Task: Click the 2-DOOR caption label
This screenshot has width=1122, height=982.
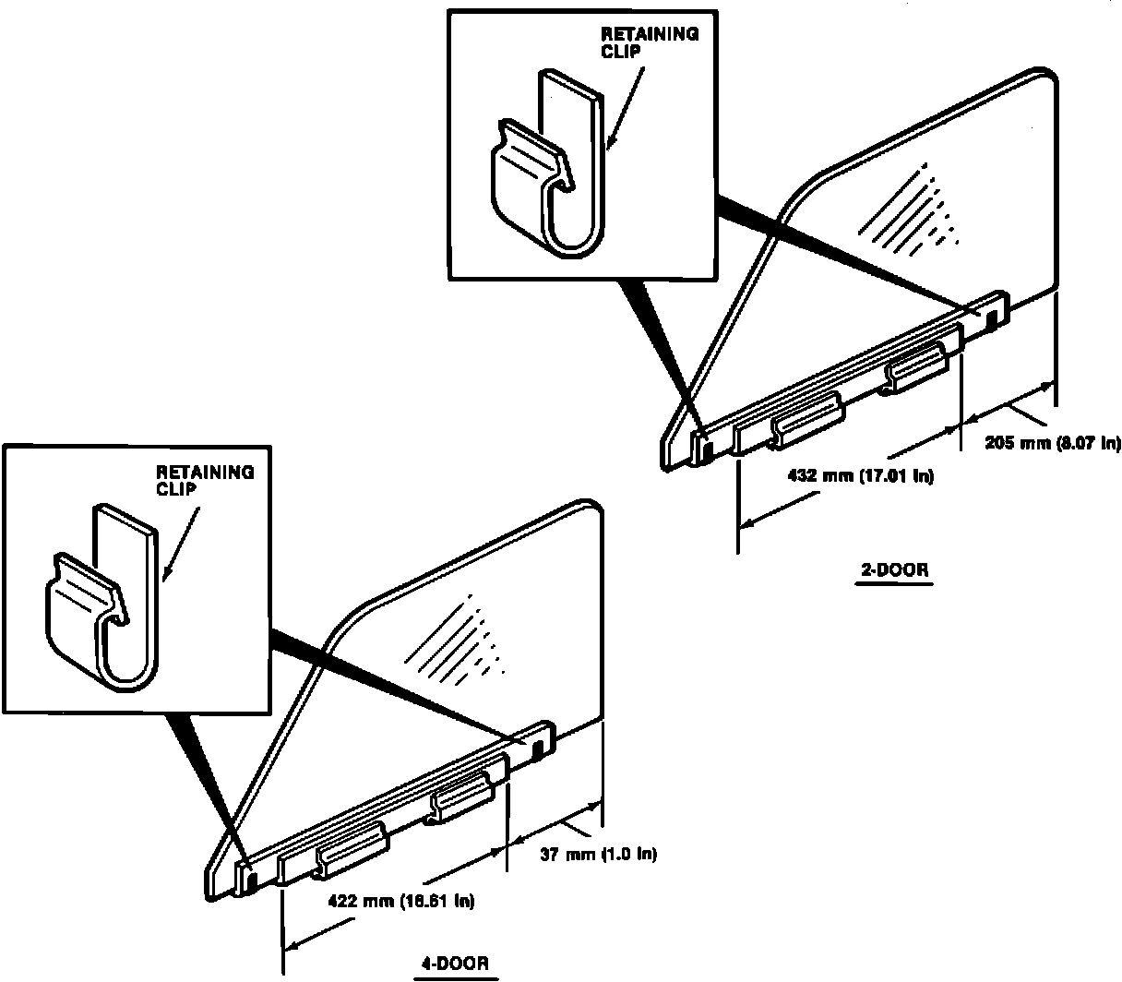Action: pyautogui.click(x=894, y=569)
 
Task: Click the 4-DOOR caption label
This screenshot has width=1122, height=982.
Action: pyautogui.click(x=455, y=964)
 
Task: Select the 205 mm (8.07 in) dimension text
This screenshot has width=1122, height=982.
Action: pyautogui.click(x=1053, y=442)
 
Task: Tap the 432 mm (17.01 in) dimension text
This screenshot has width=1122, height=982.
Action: pyautogui.click(x=861, y=475)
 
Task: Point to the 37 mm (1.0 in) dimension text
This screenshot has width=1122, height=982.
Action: pyautogui.click(x=598, y=855)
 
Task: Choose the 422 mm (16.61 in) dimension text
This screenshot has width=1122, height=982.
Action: pyautogui.click(x=401, y=902)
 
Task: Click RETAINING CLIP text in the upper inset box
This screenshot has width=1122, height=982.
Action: pyautogui.click(x=650, y=42)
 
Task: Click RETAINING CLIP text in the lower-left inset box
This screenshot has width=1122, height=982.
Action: pyautogui.click(x=205, y=480)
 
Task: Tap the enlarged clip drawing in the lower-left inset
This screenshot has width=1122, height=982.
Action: pyautogui.click(x=102, y=597)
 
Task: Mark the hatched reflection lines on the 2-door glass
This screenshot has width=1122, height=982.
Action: pyautogui.click(x=908, y=210)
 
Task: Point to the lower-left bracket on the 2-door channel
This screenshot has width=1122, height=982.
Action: pyautogui.click(x=806, y=421)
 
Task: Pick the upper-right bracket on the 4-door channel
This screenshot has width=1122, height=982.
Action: pyautogui.click(x=460, y=796)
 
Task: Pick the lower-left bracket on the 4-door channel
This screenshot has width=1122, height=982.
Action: pyautogui.click(x=352, y=851)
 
